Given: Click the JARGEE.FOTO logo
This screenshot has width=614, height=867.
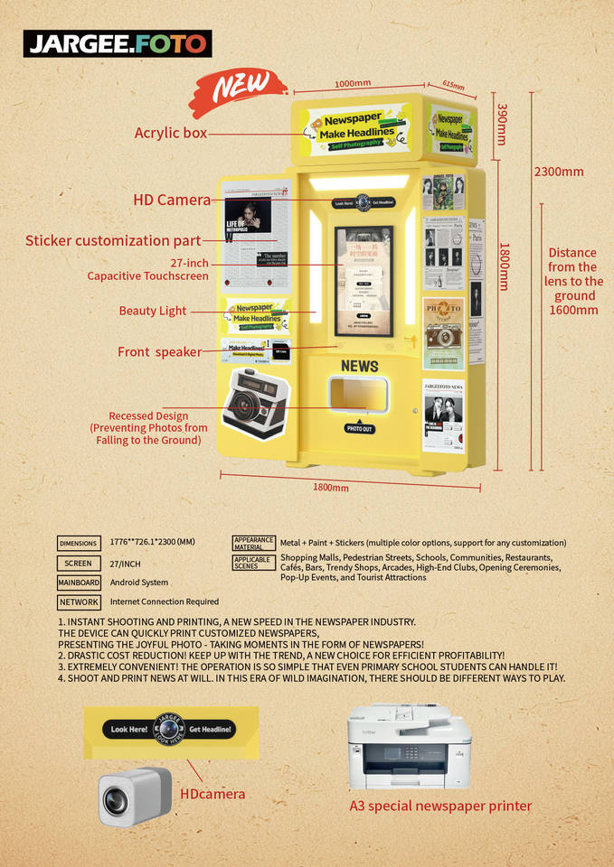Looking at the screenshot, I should pyautogui.click(x=118, y=43).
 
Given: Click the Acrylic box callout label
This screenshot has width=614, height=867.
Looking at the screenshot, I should pyautogui.click(x=171, y=133).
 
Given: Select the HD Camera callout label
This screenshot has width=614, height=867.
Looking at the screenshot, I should pyautogui.click(x=172, y=200).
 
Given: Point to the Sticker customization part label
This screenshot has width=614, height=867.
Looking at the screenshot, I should pyautogui.click(x=113, y=241).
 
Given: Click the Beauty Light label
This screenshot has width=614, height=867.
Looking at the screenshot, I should pyautogui.click(x=152, y=311).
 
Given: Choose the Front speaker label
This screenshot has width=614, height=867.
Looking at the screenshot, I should pyautogui.click(x=159, y=352).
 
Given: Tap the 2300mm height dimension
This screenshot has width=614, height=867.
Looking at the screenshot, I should pyautogui.click(x=558, y=172).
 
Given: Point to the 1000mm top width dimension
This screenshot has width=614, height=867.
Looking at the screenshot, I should pyautogui.click(x=353, y=84).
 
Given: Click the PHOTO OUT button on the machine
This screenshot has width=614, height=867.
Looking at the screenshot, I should pyautogui.click(x=360, y=429).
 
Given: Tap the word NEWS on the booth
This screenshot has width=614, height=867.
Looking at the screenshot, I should pyautogui.click(x=359, y=366).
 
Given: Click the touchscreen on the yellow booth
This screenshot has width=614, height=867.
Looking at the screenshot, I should pyautogui.click(x=364, y=280).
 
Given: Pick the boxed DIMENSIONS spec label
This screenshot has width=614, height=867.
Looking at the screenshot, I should pyautogui.click(x=78, y=544).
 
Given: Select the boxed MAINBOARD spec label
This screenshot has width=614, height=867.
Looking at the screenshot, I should pyautogui.click(x=78, y=583).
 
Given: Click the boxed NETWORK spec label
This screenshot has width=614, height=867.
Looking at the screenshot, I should pyautogui.click(x=78, y=601).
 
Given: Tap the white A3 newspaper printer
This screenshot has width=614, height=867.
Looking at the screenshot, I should pyautogui.click(x=409, y=746).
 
